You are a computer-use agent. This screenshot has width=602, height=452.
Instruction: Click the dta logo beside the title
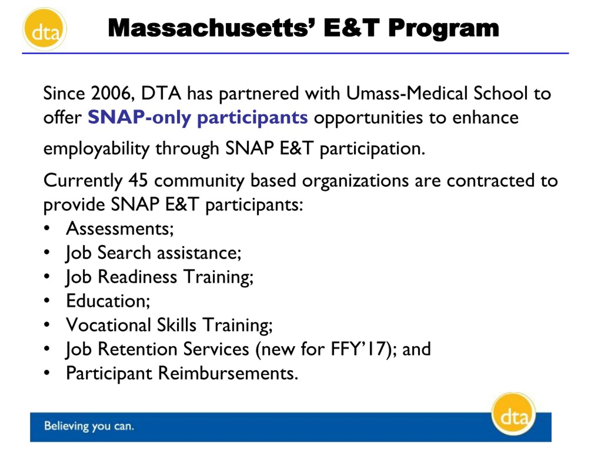(45, 29)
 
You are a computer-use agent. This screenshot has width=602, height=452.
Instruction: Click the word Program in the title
(443, 28)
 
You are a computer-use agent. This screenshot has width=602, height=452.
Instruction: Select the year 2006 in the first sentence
(111, 93)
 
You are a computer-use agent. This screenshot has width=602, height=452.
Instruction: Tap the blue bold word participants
(252, 118)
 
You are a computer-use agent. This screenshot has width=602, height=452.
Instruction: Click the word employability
(96, 149)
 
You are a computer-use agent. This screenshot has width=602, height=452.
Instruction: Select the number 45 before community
(138, 180)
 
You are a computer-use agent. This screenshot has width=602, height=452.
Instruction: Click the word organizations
(355, 181)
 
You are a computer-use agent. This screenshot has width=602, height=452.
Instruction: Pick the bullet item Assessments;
(120, 229)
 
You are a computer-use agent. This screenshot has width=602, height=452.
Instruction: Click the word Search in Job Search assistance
(124, 253)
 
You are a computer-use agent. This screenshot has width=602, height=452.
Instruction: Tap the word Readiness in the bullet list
(137, 277)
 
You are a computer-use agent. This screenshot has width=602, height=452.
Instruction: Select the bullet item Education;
(108, 301)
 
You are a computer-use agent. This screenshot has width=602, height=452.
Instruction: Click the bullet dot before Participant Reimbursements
(47, 373)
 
